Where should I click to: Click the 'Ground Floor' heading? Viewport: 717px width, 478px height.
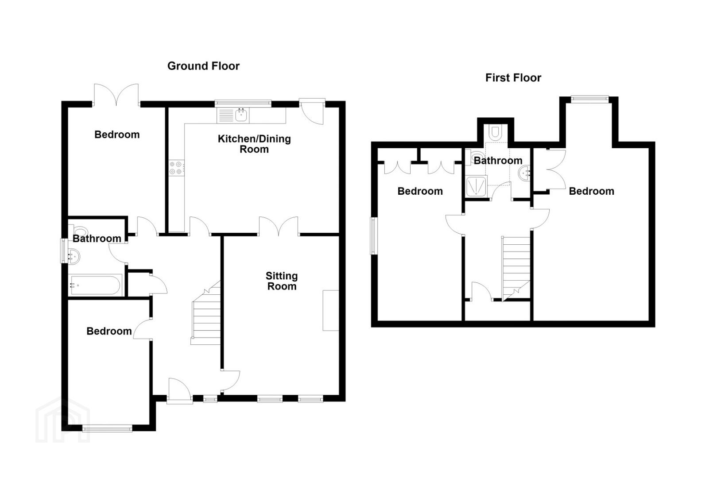pyautogui.click(x=203, y=66)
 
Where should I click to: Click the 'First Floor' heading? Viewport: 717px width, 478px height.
pyautogui.click(x=513, y=78)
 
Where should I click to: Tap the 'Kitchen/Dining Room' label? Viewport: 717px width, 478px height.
pyautogui.click(x=254, y=144)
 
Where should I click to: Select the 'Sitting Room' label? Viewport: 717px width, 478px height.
pyautogui.click(x=282, y=281)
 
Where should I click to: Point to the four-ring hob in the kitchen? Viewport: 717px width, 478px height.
pyautogui.click(x=177, y=168)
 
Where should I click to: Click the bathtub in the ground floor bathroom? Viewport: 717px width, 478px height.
pyautogui.click(x=95, y=285)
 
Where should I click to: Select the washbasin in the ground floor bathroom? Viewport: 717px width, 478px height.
pyautogui.click(x=74, y=256)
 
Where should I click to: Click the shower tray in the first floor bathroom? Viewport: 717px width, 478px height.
pyautogui.click(x=476, y=186)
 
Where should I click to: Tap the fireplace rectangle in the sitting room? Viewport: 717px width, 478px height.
pyautogui.click(x=331, y=310)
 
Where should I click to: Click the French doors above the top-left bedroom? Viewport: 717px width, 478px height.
pyautogui.click(x=116, y=95)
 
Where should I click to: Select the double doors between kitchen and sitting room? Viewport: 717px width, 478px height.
pyautogui.click(x=279, y=226)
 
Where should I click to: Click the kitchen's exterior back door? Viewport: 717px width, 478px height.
pyautogui.click(x=312, y=112)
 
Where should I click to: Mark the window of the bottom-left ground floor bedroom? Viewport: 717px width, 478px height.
pyautogui.click(x=107, y=428)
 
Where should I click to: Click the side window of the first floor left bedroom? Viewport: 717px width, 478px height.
pyautogui.click(x=374, y=236)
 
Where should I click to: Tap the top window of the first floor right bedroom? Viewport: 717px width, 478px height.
pyautogui.click(x=589, y=99)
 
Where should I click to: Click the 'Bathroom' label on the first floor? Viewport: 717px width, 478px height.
pyautogui.click(x=498, y=161)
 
